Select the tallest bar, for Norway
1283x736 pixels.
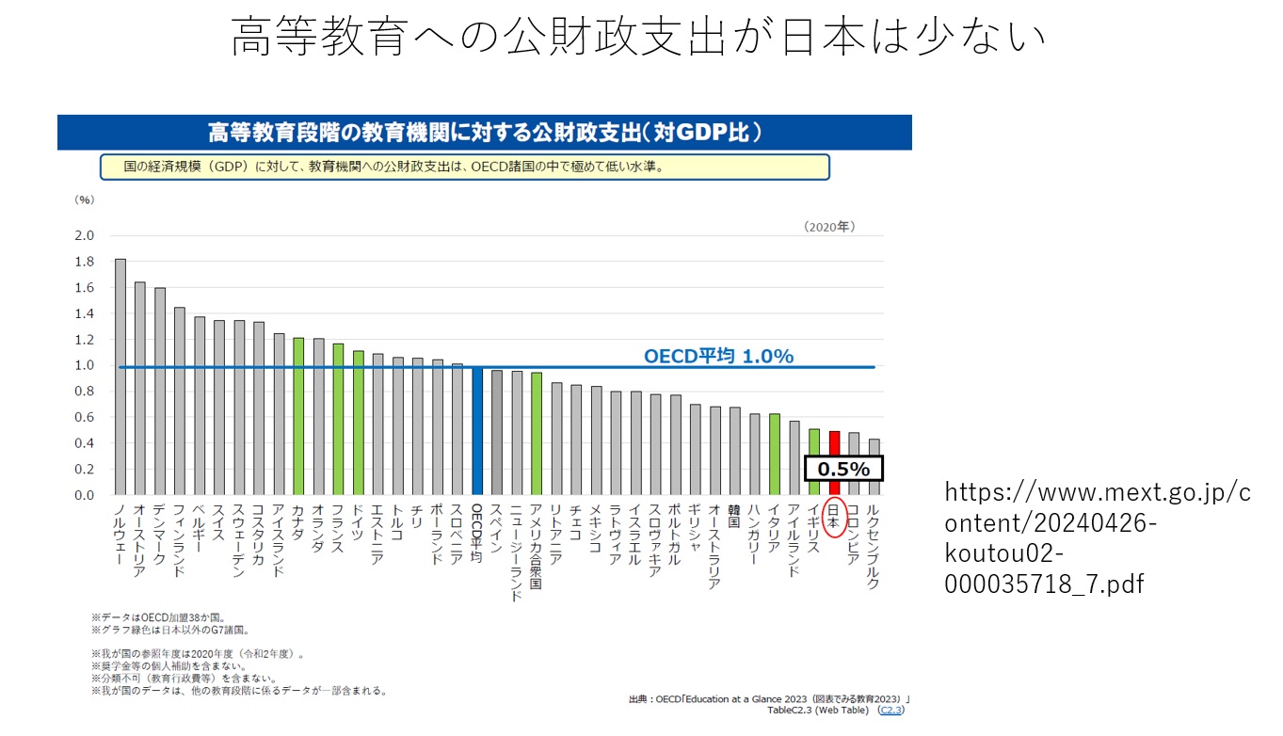(120, 376)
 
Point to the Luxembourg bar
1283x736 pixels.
(874, 467)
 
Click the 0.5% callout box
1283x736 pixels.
(843, 469)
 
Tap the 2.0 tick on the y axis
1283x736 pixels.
(86, 235)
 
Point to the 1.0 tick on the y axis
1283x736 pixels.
(86, 365)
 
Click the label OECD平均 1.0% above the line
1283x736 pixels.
(718, 356)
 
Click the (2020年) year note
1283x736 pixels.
(829, 227)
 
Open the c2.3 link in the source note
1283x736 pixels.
(890, 711)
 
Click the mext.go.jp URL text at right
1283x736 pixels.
(1097, 537)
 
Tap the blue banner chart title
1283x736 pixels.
(484, 132)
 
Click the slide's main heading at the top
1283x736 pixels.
(639, 39)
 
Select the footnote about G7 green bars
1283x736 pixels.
(170, 630)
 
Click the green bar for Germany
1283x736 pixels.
(358, 423)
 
